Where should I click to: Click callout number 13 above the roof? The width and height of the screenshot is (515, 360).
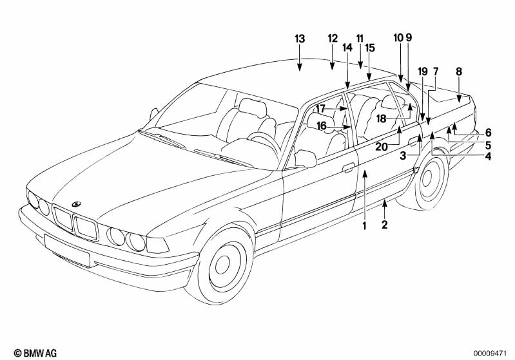[x=300, y=39]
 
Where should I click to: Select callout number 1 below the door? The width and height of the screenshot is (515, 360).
[x=364, y=225]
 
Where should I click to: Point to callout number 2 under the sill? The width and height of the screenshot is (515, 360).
[x=385, y=225]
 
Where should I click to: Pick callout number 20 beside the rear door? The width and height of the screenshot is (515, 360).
[x=382, y=147]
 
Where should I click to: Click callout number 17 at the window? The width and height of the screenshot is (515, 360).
[x=320, y=108]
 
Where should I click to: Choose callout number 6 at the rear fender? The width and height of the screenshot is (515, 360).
[x=489, y=132]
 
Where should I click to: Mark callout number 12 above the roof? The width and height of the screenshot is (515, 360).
[x=333, y=38]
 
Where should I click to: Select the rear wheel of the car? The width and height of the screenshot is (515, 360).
[x=425, y=181]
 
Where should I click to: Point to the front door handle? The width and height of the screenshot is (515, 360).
[x=348, y=169]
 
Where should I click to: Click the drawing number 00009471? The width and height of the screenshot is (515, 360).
[x=492, y=353]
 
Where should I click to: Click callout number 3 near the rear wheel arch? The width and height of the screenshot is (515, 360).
[x=402, y=155]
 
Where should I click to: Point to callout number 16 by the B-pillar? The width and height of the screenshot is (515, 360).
[x=322, y=126]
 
